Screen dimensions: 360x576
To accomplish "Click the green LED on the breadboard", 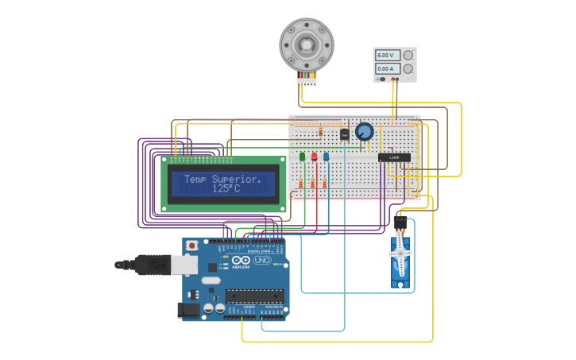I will tap(302, 157).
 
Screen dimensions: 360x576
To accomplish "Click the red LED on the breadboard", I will tap(314, 157).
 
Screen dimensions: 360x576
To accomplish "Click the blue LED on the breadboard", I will tap(326, 157).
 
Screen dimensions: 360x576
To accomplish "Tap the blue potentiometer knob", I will tap(364, 131).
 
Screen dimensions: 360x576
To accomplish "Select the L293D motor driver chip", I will tap(394, 157).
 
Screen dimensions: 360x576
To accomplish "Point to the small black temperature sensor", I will tap(344, 134).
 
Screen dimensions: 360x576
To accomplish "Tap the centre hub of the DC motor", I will tap(307, 43).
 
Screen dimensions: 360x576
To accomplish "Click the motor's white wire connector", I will tap(307, 81).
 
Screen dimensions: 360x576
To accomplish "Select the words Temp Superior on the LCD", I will tap(222, 179).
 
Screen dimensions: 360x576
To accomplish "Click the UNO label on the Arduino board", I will tap(261, 260).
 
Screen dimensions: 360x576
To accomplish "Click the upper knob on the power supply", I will tap(408, 56).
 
